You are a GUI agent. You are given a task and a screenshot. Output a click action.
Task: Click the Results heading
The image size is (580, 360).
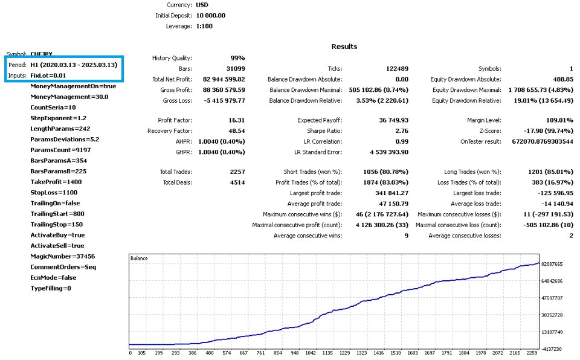pos(344,47)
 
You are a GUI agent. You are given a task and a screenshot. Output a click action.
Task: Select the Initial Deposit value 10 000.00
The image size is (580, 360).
pos(210,16)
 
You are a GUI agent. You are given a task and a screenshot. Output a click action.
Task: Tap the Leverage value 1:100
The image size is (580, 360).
pos(204,26)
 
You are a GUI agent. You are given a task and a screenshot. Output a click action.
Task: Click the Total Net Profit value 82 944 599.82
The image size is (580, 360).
pos(224,79)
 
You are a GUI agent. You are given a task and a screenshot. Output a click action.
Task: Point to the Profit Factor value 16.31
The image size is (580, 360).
pos(237,120)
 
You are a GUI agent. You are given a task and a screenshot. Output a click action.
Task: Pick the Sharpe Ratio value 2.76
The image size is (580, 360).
pos(402,131)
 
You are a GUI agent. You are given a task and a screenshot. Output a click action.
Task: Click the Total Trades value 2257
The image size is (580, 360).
pos(237,172)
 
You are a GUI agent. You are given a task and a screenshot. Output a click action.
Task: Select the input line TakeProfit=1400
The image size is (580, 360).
pos(56,182)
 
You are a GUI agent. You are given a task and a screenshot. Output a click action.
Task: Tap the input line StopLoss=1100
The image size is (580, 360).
pos(54,193)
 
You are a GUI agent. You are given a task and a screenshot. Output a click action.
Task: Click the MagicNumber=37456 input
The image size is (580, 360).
pos(62,256)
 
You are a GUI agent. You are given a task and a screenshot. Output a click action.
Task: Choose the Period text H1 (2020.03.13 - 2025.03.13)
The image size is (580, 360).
pos(74,65)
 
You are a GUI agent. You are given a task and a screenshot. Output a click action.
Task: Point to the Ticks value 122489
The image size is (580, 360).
pos(397,69)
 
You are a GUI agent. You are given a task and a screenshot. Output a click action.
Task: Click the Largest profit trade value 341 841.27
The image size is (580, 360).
pos(391,193)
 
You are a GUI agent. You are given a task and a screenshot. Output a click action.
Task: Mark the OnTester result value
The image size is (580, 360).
pos(543,142)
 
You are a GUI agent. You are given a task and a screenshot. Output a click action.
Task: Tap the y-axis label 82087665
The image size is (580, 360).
pos(552,264)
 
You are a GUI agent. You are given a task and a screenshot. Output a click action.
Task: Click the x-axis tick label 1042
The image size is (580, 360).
pos(311,353)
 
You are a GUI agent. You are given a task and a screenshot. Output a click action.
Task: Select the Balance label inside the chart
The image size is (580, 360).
pos(139,259)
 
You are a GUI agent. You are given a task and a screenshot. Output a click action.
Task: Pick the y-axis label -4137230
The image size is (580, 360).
pos(552,349)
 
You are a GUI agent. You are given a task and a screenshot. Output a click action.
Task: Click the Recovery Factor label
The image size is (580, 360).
pos(170,131)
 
